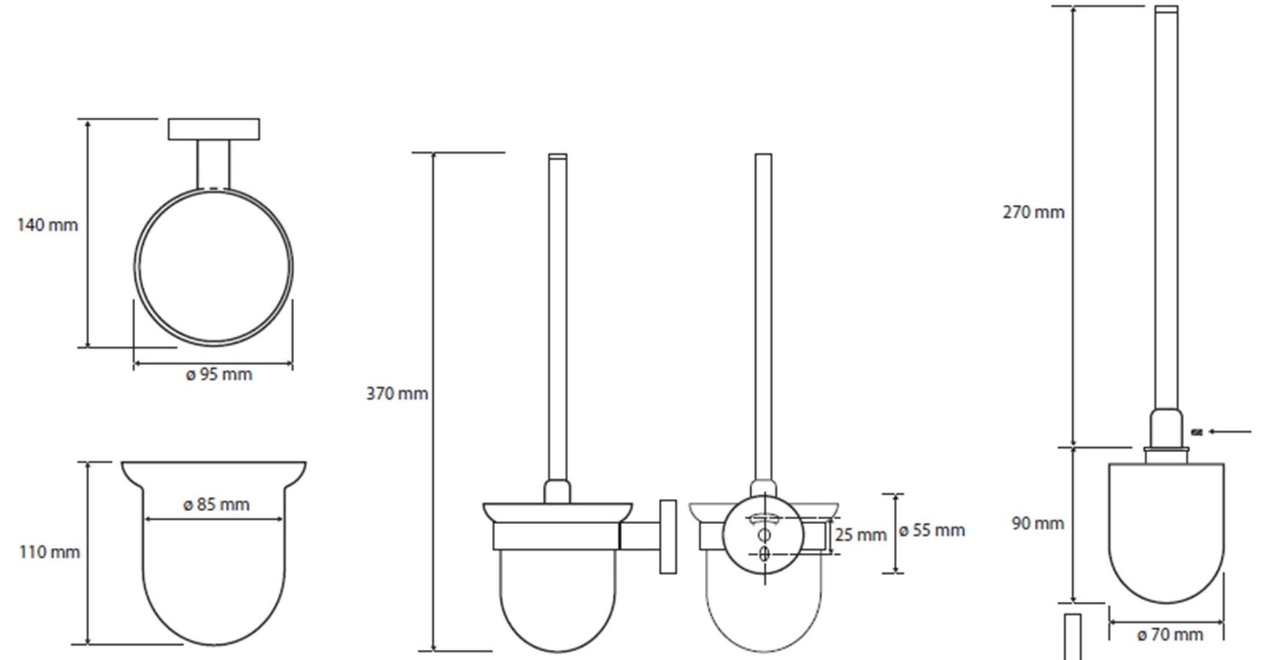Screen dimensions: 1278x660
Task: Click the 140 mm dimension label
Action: tap(47, 225)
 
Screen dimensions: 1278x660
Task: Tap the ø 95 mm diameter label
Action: tap(219, 375)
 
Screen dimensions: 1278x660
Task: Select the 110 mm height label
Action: tap(50, 552)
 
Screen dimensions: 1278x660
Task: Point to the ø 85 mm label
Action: tap(216, 505)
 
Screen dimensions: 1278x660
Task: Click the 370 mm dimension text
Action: tap(397, 394)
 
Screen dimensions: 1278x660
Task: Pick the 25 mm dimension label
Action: tap(861, 536)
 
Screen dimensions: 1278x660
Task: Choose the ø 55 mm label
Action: tap(932, 531)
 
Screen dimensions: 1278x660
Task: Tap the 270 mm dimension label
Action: tap(1033, 212)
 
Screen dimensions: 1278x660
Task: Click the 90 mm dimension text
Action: tap(1038, 523)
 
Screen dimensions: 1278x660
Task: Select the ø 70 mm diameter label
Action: tap(1170, 635)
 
